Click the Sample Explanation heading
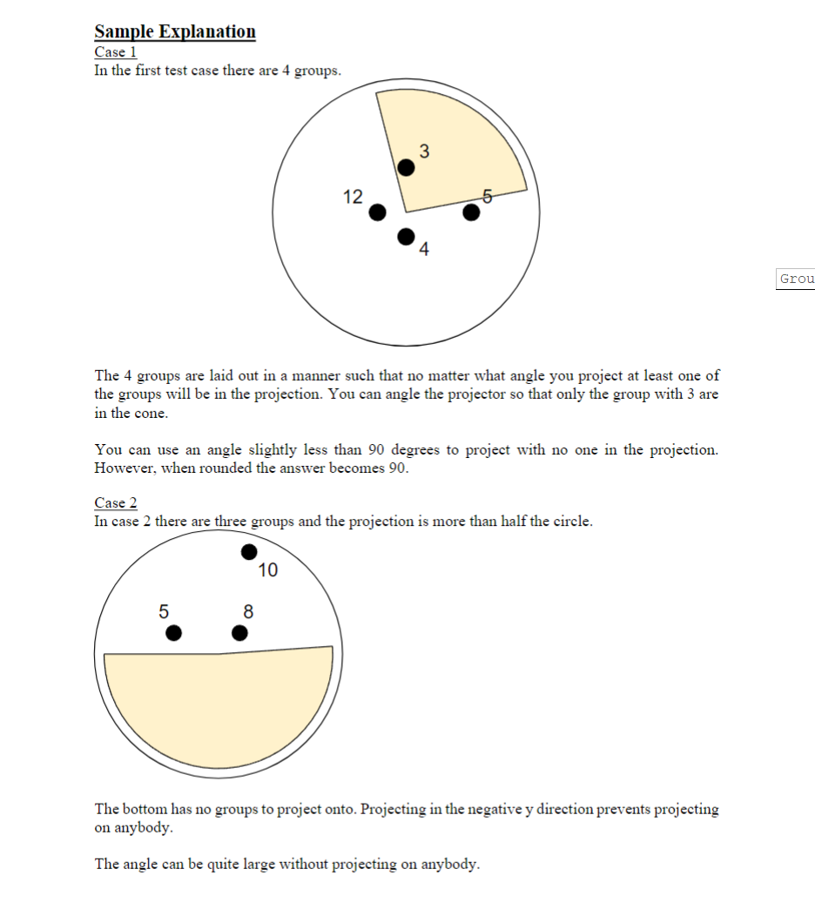click(175, 32)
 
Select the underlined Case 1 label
click(115, 52)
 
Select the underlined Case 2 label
click(115, 503)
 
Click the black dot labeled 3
click(406, 167)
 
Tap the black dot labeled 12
click(377, 212)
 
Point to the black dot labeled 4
click(406, 236)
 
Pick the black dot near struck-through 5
click(471, 212)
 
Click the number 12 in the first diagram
click(353, 197)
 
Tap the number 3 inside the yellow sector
click(424, 150)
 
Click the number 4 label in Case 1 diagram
click(424, 251)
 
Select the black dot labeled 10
click(249, 551)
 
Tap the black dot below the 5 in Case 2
click(174, 632)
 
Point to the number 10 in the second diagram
click(268, 570)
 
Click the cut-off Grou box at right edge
click(796, 279)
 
